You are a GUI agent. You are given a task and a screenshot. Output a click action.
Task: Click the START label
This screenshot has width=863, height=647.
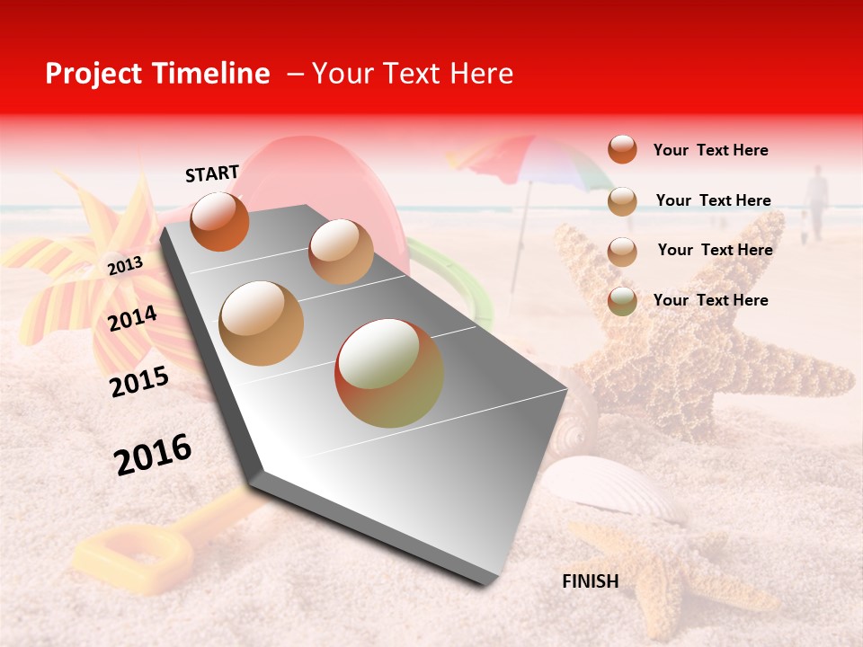212,173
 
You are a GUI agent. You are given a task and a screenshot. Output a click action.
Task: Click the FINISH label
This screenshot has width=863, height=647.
590,581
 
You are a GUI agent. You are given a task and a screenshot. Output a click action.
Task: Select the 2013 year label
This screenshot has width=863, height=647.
125,265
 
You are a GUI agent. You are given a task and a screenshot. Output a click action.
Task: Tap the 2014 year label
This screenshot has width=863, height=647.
133,318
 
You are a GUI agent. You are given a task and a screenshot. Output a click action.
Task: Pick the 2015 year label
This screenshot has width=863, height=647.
138,382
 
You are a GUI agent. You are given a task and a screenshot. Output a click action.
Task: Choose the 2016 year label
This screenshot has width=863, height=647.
153,454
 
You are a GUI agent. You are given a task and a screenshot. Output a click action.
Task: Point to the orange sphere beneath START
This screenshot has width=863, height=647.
219,221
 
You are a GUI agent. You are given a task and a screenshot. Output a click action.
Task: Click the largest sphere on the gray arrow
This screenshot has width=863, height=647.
388,373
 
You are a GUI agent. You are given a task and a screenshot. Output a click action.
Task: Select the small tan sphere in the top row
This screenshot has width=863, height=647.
341,252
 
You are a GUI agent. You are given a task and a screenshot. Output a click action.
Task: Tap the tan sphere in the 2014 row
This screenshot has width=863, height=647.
262,323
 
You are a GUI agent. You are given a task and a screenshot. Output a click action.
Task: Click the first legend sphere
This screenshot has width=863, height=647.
622,149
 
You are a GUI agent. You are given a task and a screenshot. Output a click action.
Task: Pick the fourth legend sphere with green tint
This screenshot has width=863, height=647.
622,301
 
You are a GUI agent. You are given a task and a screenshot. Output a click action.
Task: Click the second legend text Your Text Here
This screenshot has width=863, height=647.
713,200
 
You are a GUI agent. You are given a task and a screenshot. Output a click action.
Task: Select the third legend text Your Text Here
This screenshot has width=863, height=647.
715,250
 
